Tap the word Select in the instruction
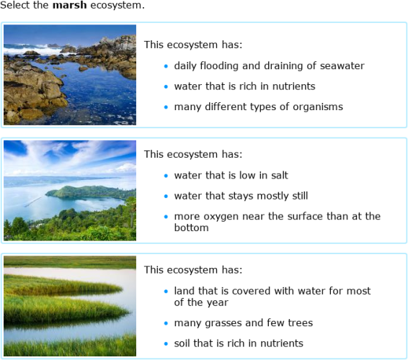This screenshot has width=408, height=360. point(17,6)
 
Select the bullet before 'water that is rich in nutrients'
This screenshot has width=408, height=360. point(165,86)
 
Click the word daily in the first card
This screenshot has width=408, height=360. point(186,66)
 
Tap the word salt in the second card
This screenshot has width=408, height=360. point(278,175)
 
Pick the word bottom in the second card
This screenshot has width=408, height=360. point(191,228)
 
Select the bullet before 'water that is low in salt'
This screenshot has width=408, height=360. point(165,176)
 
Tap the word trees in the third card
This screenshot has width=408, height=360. point(298,323)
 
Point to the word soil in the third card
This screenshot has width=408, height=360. point(185,343)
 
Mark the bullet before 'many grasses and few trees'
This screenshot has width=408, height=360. point(165,323)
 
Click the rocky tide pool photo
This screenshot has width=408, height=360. point(70,75)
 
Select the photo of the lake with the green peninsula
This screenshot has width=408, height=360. point(70,190)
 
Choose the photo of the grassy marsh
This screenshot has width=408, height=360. point(70,305)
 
